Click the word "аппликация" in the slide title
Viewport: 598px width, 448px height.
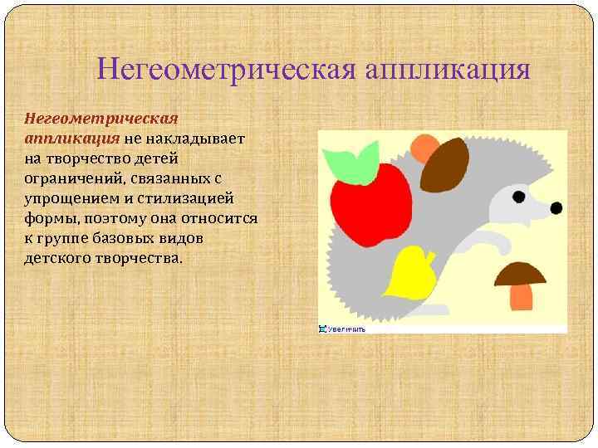[445, 67]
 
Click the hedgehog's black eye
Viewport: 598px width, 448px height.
[518, 197]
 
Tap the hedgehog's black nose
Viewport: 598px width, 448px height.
[556, 207]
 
